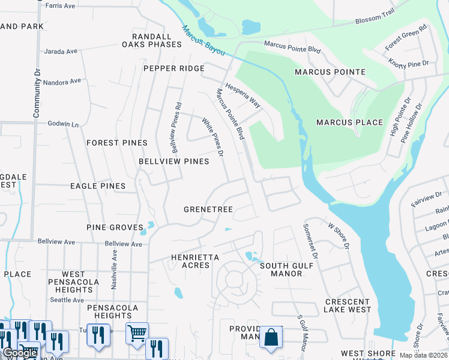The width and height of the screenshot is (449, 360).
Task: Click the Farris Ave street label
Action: [x=61, y=5]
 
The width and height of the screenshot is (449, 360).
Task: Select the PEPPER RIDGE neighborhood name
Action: [x=174, y=68]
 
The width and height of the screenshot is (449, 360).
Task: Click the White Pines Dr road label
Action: [x=212, y=137]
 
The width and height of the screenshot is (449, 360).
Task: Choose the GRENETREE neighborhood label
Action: [x=208, y=209]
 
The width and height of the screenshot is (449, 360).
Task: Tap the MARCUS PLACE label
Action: [x=350, y=122]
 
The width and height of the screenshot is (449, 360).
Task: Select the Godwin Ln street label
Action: [x=64, y=124]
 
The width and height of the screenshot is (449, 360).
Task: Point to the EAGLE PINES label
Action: [x=98, y=186]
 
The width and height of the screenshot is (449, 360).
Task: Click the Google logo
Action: [x=20, y=353]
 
